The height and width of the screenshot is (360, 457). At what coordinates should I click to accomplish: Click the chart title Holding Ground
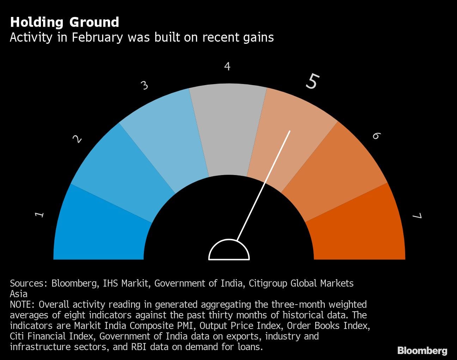(x=65, y=22)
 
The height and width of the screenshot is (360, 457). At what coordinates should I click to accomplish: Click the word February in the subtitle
(x=97, y=37)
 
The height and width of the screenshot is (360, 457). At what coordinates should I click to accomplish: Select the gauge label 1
(x=40, y=214)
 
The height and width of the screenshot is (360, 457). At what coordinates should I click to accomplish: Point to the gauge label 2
(x=77, y=139)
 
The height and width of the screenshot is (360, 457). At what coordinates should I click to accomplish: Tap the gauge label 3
(x=145, y=85)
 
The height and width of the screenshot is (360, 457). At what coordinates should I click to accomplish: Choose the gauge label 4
(x=227, y=66)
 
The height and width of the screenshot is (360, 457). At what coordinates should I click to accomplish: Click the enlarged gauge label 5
(x=312, y=81)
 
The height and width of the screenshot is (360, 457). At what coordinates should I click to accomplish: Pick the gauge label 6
(x=376, y=136)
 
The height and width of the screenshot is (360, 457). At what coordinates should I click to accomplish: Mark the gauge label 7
(x=418, y=216)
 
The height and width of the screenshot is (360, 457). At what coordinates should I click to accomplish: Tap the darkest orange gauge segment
(x=356, y=229)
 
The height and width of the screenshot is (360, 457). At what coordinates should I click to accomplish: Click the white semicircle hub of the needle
(x=229, y=251)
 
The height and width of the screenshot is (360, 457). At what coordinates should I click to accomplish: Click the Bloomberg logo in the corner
(x=422, y=350)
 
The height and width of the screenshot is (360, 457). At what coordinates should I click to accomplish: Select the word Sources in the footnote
(x=27, y=283)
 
